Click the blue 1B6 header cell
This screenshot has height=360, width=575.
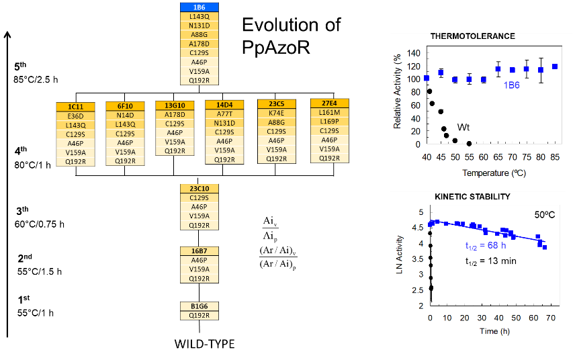point(200,7)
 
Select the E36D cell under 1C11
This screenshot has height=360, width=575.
point(75,116)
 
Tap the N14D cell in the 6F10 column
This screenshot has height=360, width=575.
point(125,115)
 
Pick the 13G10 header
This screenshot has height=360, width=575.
point(175,105)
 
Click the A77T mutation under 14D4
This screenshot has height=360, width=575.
point(224,114)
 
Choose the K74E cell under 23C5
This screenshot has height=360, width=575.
point(276,114)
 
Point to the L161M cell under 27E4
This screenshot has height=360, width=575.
point(329,112)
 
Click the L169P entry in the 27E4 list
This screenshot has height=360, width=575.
point(329,122)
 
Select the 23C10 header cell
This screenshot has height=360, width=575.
point(200,189)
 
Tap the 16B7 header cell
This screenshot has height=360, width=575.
point(200,251)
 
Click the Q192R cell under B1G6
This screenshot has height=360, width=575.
point(200,315)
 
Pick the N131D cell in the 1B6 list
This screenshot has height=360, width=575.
point(200,26)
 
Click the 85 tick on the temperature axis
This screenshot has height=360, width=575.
point(555,156)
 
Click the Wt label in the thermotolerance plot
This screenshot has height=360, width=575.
point(463,127)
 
